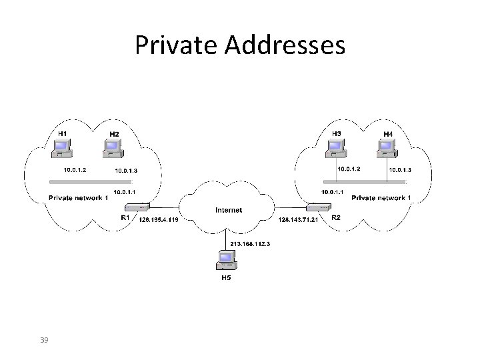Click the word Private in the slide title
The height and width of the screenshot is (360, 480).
[175, 45]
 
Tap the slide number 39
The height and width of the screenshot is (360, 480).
[44, 341]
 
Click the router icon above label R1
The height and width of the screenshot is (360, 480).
[140, 207]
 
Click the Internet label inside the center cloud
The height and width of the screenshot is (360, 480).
[229, 210]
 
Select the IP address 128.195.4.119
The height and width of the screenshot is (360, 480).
[157, 219]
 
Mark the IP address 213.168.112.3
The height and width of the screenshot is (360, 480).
[251, 244]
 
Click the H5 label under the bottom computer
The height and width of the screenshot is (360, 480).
[227, 278]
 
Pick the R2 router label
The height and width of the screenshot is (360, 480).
[335, 217]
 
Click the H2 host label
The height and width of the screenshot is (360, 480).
[114, 134]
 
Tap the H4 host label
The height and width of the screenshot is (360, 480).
[387, 134]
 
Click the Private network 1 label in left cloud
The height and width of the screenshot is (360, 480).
[78, 197]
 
